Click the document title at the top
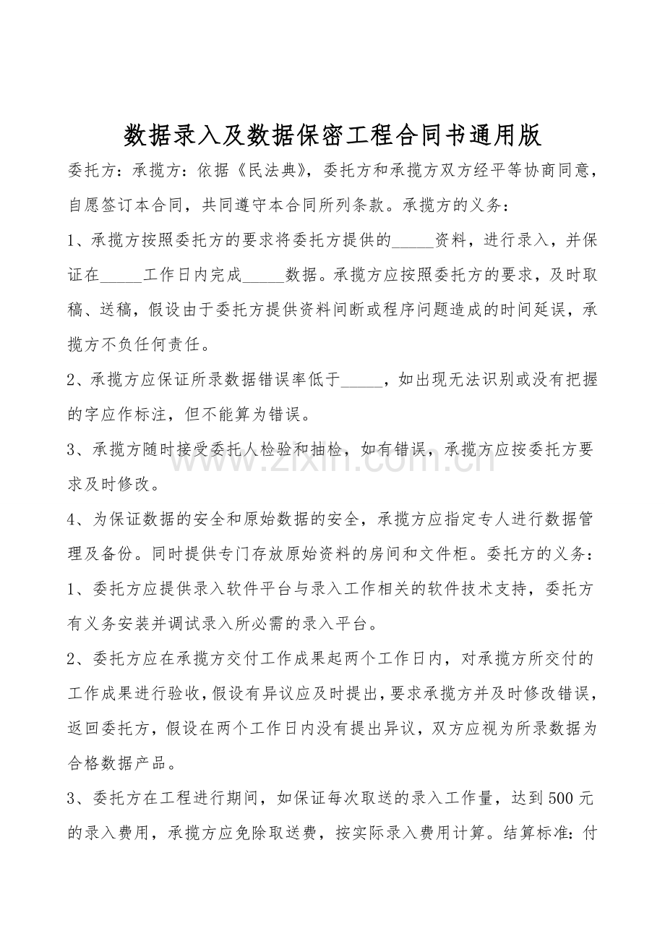[332, 135]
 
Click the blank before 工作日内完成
[122, 276]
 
